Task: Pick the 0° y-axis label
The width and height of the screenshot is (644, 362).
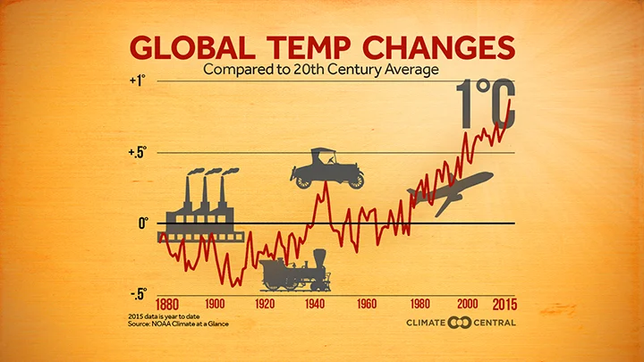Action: [x=141, y=223]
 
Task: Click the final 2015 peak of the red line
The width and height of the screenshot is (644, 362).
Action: [x=511, y=99]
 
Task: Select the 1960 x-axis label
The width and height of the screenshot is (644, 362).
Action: [x=367, y=304]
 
